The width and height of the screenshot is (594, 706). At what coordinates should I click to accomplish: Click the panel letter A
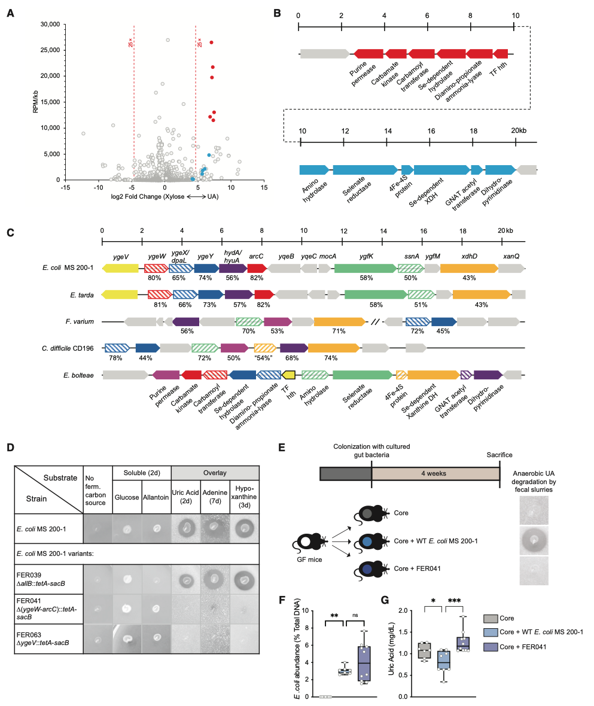coord(10,11)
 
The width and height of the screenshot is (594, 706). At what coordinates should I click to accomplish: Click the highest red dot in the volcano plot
coord(211,42)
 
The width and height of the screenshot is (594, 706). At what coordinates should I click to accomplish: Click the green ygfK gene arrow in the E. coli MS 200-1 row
coord(364,270)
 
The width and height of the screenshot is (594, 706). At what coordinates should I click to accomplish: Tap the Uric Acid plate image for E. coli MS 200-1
coord(188,528)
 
